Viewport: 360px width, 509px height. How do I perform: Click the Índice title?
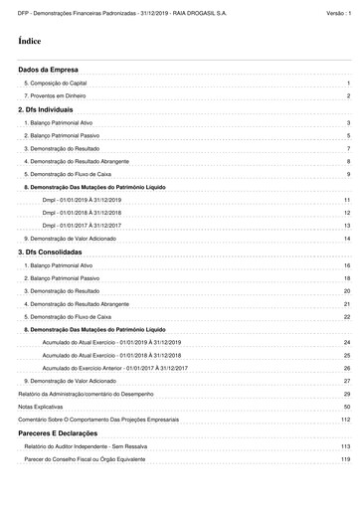[x=29, y=44]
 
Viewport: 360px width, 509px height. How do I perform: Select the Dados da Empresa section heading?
[x=48, y=71]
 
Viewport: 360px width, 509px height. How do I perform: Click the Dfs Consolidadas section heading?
[x=51, y=253]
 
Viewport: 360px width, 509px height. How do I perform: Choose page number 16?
[x=347, y=265]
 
